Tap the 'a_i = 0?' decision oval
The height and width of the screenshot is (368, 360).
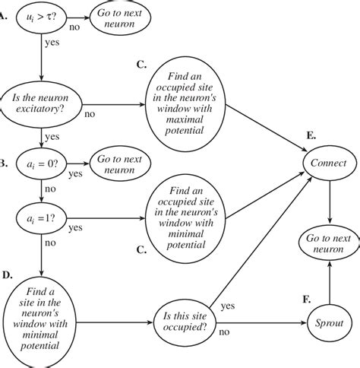[41, 164]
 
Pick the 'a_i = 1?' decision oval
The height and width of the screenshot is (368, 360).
[41, 220]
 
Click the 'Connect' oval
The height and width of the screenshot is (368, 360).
[328, 164]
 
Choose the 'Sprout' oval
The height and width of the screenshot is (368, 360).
[328, 322]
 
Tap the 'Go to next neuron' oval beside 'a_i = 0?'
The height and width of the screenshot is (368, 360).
[120, 164]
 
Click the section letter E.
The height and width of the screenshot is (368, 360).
[311, 136]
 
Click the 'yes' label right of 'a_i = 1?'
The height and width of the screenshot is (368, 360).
[76, 227]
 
